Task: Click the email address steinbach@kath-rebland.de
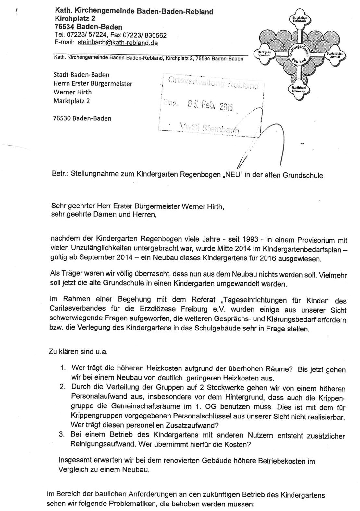point(118,43)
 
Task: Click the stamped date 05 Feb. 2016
point(210,105)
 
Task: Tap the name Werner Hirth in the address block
point(72,92)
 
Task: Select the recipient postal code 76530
point(62,118)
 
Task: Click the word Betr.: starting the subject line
point(59,174)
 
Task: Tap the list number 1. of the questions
point(63,368)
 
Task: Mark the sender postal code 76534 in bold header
point(67,27)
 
